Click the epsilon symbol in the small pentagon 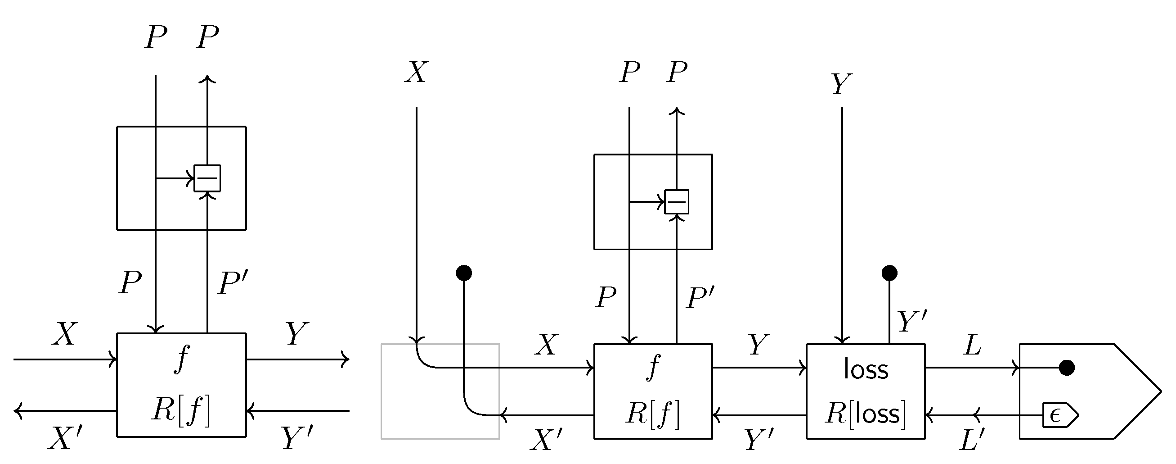1055,415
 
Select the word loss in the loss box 866,369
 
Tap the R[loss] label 866,414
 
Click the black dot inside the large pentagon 1066,367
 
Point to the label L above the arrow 972,345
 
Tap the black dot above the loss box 889,273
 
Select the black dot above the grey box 464,273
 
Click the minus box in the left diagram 207,178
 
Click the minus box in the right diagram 676,202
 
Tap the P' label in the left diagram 233,283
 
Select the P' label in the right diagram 700,298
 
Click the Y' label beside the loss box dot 912,321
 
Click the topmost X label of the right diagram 416,72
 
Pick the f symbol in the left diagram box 182,359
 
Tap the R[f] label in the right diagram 653,414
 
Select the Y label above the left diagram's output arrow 297,334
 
